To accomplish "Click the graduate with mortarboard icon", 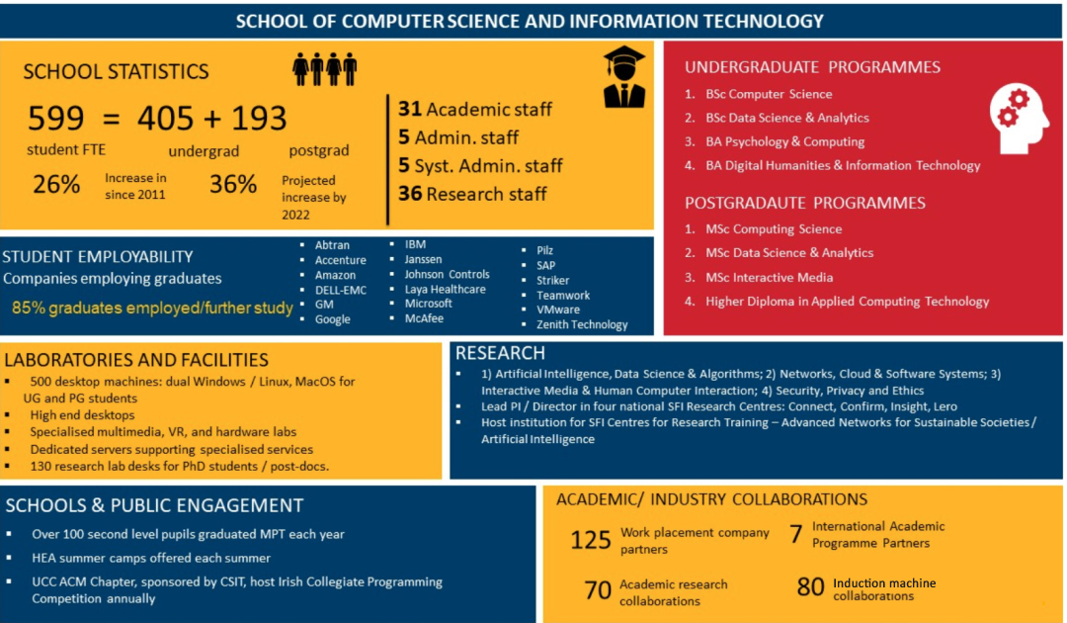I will [x=624, y=77].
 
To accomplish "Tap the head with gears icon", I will [x=1020, y=118].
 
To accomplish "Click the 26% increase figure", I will [x=56, y=184].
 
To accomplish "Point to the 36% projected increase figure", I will [x=233, y=184].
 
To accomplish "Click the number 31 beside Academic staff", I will [x=410, y=110].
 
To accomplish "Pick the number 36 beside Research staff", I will [x=410, y=194].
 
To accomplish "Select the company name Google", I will [x=332, y=319].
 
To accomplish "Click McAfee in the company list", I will [x=424, y=318].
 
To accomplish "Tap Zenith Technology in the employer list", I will [x=581, y=324].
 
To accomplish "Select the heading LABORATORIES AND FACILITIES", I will [x=136, y=360].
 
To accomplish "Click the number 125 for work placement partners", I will [x=591, y=540].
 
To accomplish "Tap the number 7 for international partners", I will [x=795, y=534].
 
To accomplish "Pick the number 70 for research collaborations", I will [x=598, y=590].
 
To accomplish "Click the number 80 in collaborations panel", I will [x=810, y=587].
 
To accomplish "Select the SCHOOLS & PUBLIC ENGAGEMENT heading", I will [x=154, y=505].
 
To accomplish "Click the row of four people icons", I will [x=324, y=69].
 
